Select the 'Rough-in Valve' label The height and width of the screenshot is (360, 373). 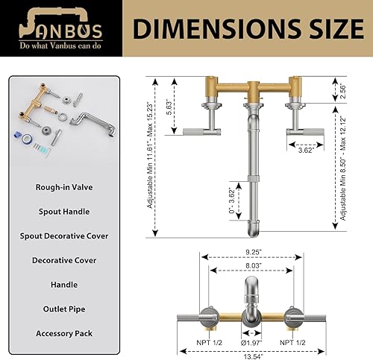pos(63,187)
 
